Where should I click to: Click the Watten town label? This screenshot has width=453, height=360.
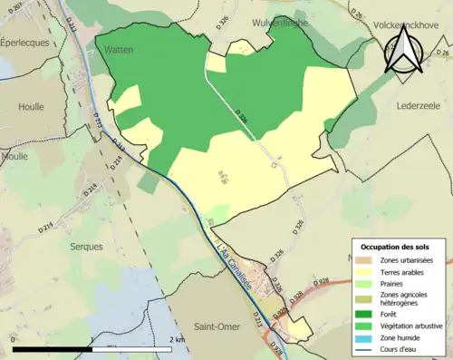coord(120,48)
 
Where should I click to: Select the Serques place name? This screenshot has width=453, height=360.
coord(64,245)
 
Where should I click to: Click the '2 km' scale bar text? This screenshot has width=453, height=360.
coord(178,339)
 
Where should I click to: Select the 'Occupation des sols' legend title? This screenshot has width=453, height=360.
coord(395,247)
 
